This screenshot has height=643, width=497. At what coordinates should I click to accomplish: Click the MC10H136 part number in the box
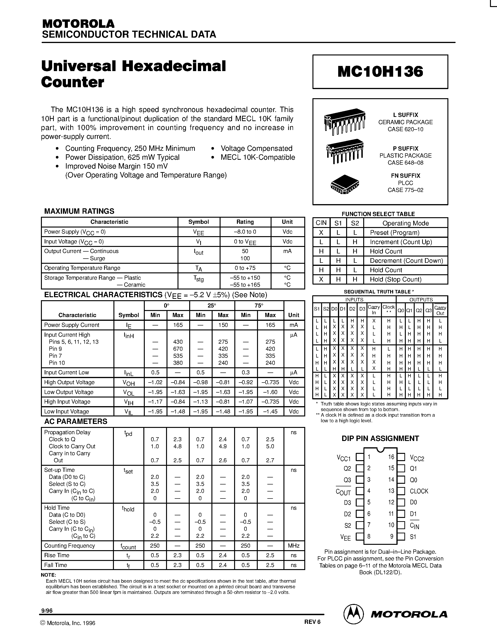point(380,72)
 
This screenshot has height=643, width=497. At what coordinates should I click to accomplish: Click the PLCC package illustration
point(345,184)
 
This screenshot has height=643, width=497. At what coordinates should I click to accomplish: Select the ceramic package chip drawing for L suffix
point(345,122)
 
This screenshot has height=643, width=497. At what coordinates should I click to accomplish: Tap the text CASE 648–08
point(405,163)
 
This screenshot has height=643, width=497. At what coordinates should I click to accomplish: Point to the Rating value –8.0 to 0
point(245,232)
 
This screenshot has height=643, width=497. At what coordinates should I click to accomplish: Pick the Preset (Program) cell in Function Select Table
point(395,233)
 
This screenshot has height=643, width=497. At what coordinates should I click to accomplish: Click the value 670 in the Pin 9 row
point(178,349)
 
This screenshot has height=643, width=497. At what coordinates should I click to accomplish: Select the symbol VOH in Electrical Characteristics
point(129,383)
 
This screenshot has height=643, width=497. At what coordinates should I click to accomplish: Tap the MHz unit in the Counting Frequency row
point(294,545)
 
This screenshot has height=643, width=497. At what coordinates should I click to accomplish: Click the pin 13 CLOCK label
point(419,491)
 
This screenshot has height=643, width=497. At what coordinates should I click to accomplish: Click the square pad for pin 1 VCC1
point(359,457)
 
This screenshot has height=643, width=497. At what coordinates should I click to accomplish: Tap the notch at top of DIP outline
point(380,450)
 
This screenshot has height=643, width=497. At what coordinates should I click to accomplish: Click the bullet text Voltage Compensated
point(256,148)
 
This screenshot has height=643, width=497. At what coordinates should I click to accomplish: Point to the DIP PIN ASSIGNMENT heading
point(380,438)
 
